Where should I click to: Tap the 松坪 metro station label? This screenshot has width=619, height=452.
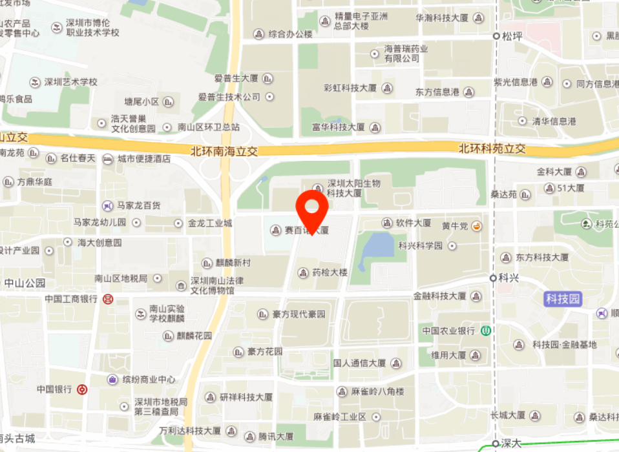(512, 36)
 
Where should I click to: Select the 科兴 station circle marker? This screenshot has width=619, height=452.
(495, 278)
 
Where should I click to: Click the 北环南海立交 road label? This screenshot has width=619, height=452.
(224, 151)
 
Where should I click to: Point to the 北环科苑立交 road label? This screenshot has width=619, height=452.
(492, 149)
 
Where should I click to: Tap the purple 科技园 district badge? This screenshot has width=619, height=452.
(563, 299)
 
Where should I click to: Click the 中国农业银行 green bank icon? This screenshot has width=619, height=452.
(486, 331)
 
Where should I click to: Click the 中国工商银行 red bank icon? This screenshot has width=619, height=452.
(108, 299)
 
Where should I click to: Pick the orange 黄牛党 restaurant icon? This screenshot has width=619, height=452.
(477, 225)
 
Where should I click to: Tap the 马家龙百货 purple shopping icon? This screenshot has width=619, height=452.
(108, 206)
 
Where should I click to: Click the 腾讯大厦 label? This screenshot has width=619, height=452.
(276, 437)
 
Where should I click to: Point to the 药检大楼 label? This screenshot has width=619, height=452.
(330, 272)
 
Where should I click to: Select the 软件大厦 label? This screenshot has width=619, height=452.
(414, 223)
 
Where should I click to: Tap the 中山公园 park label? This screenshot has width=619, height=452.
(25, 283)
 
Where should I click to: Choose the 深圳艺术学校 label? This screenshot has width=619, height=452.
(70, 82)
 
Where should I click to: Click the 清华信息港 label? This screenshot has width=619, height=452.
(554, 121)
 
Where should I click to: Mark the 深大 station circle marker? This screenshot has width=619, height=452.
(496, 444)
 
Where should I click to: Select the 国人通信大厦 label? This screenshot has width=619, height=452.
(359, 363)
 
